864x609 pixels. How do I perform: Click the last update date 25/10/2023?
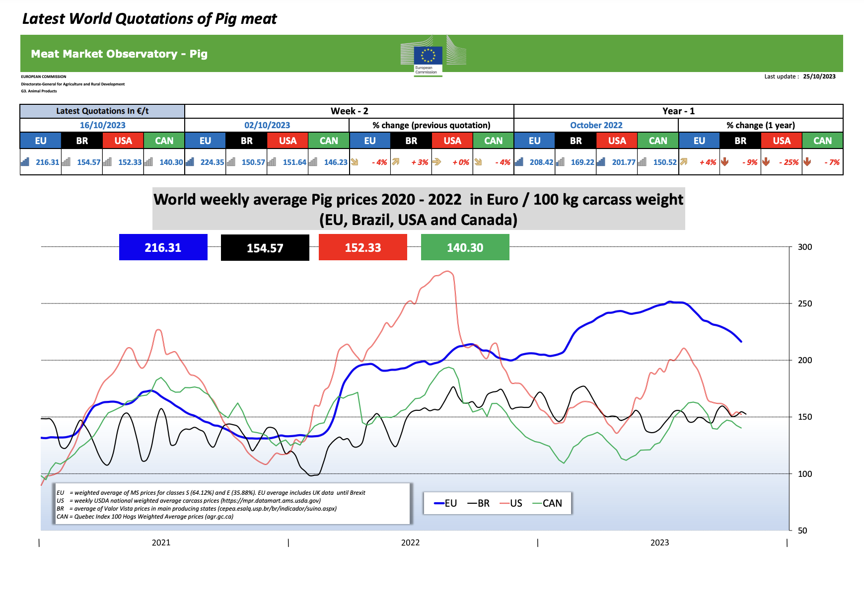click(819, 76)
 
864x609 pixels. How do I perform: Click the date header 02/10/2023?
click(267, 125)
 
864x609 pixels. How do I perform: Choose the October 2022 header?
click(596, 125)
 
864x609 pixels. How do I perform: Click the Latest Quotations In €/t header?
click(102, 111)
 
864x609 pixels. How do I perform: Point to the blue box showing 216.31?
click(163, 247)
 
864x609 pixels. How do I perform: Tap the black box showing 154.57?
click(265, 248)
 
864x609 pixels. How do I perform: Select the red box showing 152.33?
click(362, 247)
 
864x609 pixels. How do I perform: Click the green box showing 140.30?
click(465, 247)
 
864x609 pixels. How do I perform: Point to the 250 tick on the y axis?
click(804, 304)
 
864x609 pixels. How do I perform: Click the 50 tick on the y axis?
click(802, 530)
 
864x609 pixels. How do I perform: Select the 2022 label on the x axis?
click(410, 542)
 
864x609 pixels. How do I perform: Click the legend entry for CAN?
click(547, 503)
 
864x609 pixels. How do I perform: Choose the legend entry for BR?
click(479, 503)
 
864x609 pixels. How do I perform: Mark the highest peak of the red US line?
click(448, 271)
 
